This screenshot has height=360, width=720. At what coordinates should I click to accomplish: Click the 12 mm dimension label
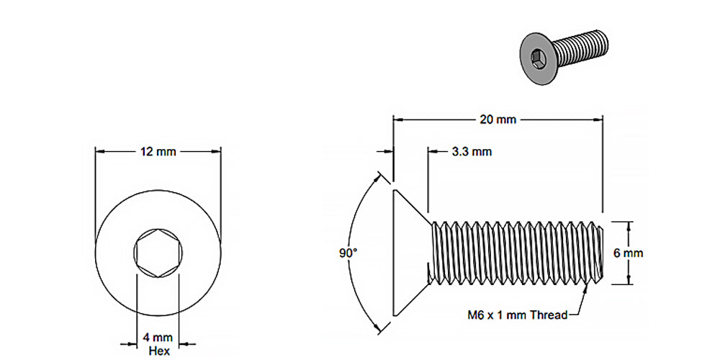point(158,152)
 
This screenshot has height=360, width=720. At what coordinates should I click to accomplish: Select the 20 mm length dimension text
point(498,120)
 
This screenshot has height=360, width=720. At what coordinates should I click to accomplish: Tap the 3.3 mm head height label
point(472,152)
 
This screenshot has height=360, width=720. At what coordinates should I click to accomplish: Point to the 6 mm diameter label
point(629,253)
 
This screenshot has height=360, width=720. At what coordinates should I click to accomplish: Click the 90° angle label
point(348,253)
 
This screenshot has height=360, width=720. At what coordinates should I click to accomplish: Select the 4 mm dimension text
point(158,337)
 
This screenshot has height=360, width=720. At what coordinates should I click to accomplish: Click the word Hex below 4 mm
point(158,351)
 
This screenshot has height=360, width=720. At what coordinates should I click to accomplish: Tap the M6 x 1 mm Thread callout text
point(516,315)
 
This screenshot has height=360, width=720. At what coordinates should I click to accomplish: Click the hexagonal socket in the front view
point(158,253)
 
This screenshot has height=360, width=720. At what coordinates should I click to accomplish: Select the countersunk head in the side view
point(409,252)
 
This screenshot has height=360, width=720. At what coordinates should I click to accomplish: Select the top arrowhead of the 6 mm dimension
point(629,224)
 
